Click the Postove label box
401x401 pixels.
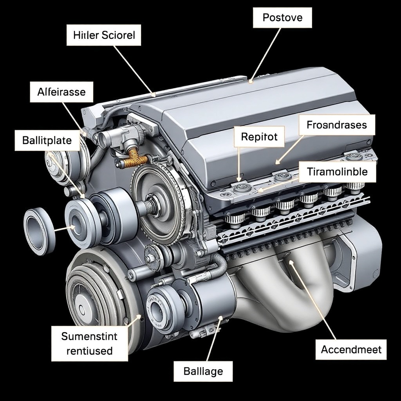[282, 18]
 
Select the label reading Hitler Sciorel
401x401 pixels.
[104, 35]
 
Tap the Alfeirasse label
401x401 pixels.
[61, 92]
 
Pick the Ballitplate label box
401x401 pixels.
[47, 141]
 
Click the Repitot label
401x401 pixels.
[259, 137]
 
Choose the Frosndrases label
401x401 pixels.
[336, 125]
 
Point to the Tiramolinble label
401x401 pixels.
[337, 172]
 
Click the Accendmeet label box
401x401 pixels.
[351, 349]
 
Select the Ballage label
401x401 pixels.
[203, 371]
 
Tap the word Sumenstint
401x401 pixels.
[89, 336]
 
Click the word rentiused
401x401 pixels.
[90, 350]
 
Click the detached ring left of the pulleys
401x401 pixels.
[40, 231]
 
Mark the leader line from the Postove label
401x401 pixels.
[266, 55]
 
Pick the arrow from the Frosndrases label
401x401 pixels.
[289, 150]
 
